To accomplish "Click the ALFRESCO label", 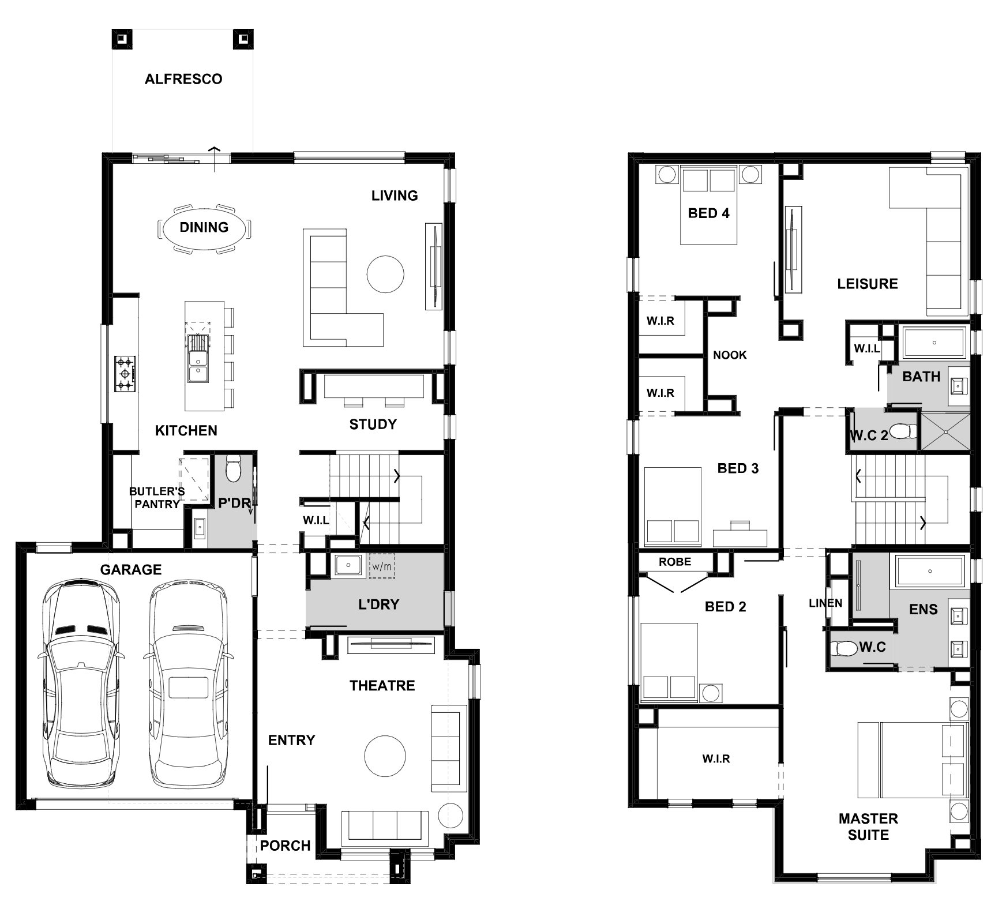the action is click(183, 79).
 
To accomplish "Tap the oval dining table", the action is click(204, 228).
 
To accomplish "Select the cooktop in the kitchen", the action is click(126, 374).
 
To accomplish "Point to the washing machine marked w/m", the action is click(382, 566).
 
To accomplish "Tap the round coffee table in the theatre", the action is click(385, 756).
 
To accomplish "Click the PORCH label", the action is click(285, 846).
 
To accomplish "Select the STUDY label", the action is click(373, 425).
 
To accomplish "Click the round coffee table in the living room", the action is click(385, 275).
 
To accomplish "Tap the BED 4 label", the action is click(708, 213).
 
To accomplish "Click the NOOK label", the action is click(730, 355).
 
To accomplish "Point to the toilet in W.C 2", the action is click(903, 431).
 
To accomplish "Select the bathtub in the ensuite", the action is click(929, 572).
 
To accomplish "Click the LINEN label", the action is click(825, 603).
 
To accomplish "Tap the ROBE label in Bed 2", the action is click(675, 562).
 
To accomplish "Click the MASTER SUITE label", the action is click(868, 827).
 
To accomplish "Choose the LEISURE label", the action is click(868, 284).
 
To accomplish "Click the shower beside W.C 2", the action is click(945, 430).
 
